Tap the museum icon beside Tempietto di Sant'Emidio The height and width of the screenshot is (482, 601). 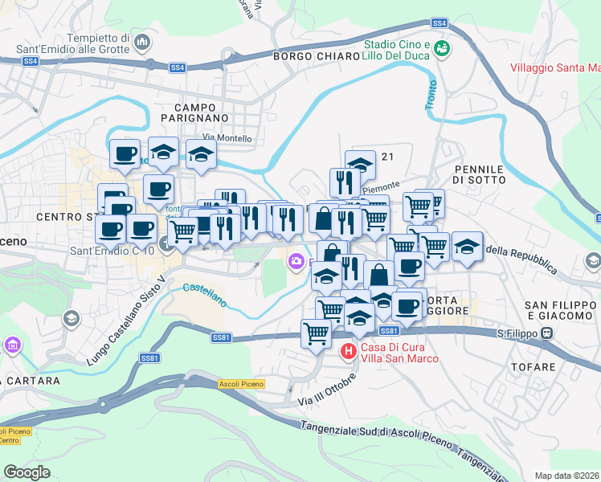click(143, 40)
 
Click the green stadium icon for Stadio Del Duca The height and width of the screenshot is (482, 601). click(441, 50)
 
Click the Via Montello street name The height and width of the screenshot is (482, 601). click(227, 138)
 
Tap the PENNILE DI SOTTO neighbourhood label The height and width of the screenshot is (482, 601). click(480, 174)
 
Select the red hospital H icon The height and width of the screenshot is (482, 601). click(348, 350)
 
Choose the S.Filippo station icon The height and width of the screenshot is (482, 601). click(547, 333)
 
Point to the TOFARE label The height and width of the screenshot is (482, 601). click(533, 367)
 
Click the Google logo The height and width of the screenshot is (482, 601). click(27, 472)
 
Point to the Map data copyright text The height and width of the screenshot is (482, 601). click(566, 476)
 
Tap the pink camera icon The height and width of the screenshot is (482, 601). click(296, 260)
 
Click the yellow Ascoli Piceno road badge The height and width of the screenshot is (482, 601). click(240, 384)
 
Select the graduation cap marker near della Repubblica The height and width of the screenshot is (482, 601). click(467, 247)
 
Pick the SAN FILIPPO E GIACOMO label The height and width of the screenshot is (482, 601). click(560, 311)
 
